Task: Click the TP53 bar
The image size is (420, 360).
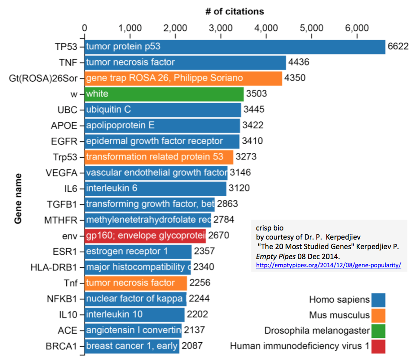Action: [234, 47]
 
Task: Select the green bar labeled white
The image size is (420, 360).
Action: [164, 94]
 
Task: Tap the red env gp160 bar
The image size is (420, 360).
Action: [145, 236]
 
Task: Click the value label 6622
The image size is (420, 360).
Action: [398, 47]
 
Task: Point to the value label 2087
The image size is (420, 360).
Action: [192, 346]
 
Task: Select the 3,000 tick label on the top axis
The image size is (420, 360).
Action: [220, 28]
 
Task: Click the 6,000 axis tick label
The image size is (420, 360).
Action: [357, 28]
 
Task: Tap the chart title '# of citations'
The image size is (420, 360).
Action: [234, 11]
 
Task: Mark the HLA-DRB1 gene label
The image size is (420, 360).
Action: [54, 267]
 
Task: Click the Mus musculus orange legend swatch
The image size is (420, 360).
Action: [378, 315]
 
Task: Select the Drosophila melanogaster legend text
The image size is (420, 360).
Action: [317, 331]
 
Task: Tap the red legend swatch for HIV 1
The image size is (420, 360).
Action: [378, 346]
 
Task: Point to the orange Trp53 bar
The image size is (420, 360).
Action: [159, 157]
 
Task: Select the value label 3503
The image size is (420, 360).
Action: [256, 94]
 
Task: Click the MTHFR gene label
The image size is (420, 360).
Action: [61, 220]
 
